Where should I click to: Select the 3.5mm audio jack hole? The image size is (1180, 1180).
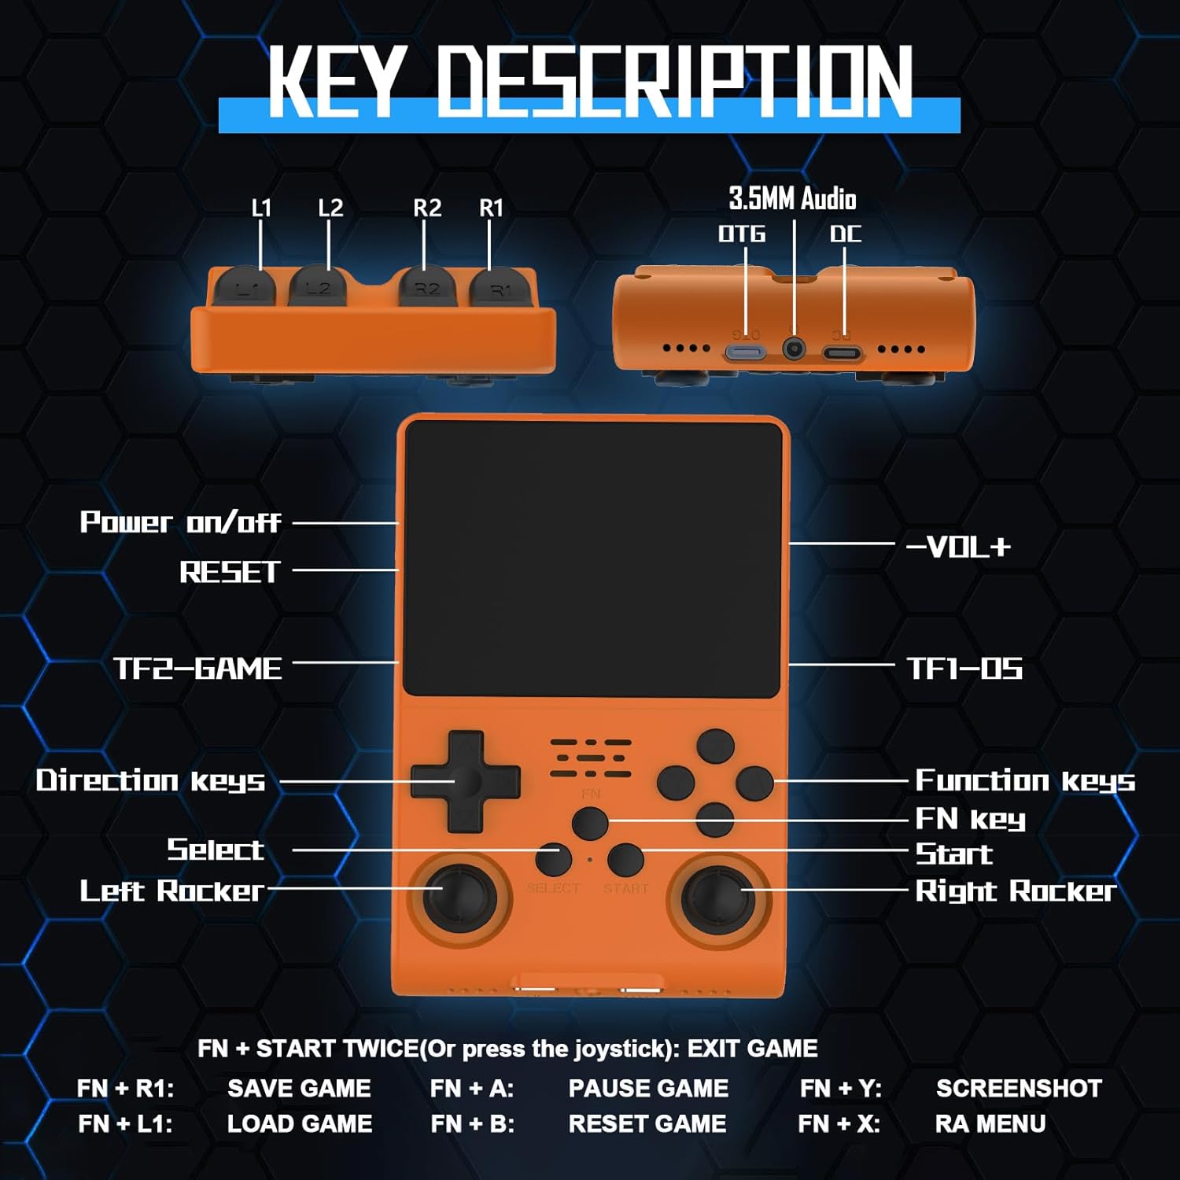pyautogui.click(x=795, y=348)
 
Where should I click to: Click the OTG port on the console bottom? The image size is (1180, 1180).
pyautogui.click(x=744, y=352)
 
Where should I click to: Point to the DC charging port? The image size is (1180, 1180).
pyautogui.click(x=842, y=352)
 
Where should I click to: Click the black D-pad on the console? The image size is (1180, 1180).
pyautogui.click(x=465, y=781)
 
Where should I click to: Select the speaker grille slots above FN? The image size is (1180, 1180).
pyautogui.click(x=591, y=758)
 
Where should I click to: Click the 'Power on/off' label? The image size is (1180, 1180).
pyautogui.click(x=180, y=522)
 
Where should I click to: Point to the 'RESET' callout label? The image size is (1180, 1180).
pyautogui.click(x=230, y=572)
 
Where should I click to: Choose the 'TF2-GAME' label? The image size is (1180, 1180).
pyautogui.click(x=198, y=669)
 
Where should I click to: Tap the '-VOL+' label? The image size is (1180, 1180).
pyautogui.click(x=958, y=547)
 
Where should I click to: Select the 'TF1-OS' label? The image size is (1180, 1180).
pyautogui.click(x=964, y=669)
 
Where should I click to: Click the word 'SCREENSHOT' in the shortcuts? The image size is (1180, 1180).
pyautogui.click(x=1019, y=1088)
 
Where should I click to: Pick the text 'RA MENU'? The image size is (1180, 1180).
pyautogui.click(x=990, y=1123)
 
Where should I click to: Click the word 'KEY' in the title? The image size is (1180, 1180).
pyautogui.click(x=337, y=81)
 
